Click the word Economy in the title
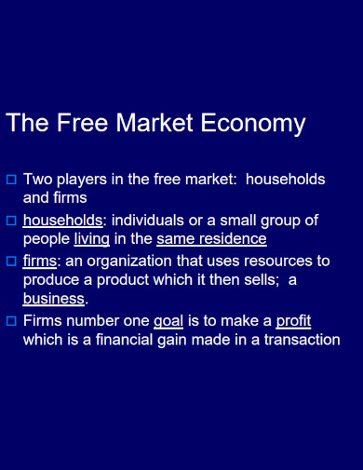258,124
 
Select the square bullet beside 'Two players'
11,178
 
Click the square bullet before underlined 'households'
11,221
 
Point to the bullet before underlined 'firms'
11,262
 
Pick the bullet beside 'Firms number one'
11,321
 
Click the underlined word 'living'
92,238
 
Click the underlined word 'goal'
168,321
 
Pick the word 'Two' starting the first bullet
37,179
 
